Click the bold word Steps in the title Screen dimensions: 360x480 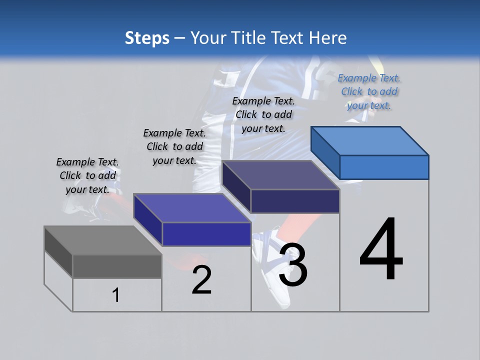[x=147, y=38]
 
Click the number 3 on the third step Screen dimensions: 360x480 [x=293, y=264]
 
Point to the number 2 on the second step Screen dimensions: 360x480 [x=201, y=280]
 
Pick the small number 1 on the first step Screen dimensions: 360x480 [x=116, y=295]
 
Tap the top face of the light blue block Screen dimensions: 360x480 [x=370, y=140]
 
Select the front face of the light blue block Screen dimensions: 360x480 [x=384, y=167]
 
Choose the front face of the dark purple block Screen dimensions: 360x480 [x=295, y=201]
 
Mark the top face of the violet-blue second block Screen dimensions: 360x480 [x=192, y=208]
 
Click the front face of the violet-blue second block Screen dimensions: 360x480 [x=206, y=234]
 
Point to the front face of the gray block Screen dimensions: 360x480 [x=117, y=266]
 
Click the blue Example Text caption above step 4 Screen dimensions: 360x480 [x=369, y=91]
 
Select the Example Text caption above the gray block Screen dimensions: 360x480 [x=87, y=175]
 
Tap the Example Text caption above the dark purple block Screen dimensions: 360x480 [x=263, y=114]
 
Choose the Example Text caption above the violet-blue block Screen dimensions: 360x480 [x=174, y=146]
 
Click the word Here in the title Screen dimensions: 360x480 [x=330, y=38]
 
